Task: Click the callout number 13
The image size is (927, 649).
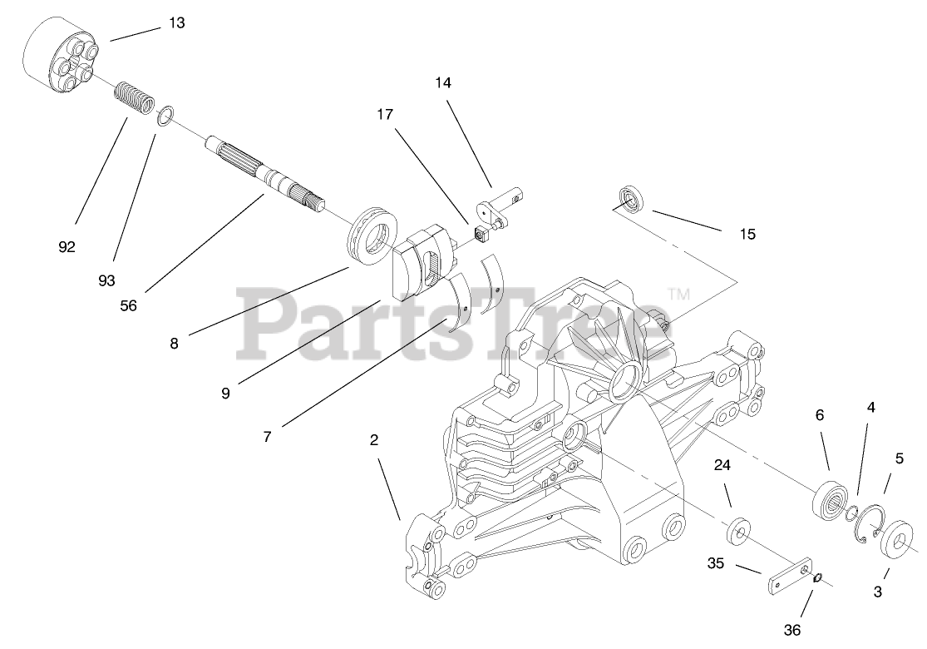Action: click(x=176, y=22)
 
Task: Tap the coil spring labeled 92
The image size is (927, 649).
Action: click(x=133, y=97)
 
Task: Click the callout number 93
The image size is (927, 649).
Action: click(x=106, y=280)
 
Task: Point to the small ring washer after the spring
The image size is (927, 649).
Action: click(x=165, y=115)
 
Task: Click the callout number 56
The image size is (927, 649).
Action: click(x=128, y=305)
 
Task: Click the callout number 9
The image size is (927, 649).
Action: click(x=225, y=393)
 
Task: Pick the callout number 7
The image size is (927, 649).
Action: click(x=267, y=436)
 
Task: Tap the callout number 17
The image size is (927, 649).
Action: click(x=385, y=114)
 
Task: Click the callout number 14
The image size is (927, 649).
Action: click(x=442, y=83)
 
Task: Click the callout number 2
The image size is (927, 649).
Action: click(x=374, y=440)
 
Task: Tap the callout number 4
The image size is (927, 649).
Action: click(x=870, y=408)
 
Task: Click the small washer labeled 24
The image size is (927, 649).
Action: click(x=738, y=531)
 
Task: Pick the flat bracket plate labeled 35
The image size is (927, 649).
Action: click(x=785, y=577)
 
